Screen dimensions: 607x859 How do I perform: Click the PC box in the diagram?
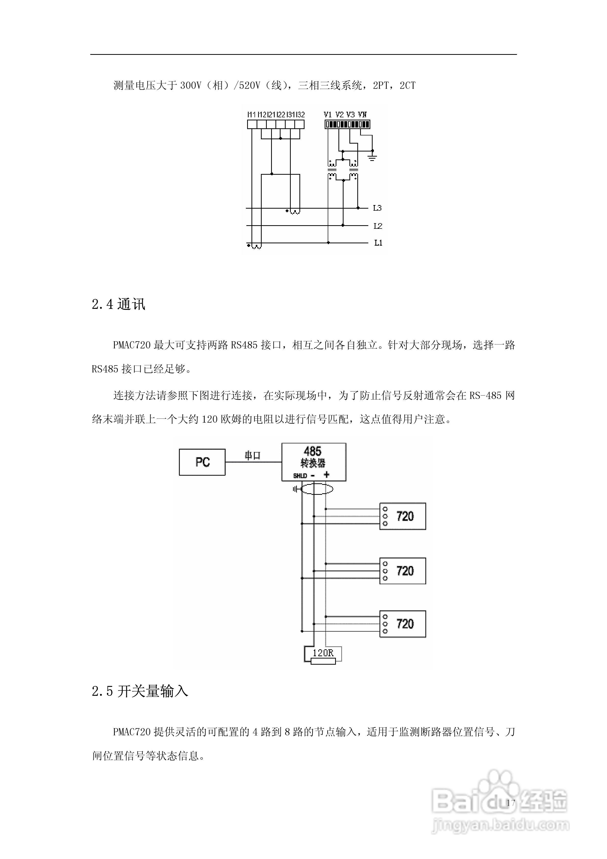pos(202,462)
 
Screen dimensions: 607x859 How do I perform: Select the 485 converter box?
pos(314,462)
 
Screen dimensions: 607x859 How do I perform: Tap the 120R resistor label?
pos(323,653)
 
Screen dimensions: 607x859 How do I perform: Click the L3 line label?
pos(377,208)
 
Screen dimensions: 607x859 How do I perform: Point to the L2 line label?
pos(378,226)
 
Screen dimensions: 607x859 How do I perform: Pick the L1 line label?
pos(378,243)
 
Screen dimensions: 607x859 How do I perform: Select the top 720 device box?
pos(403,516)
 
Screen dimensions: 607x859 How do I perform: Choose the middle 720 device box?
pos(403,571)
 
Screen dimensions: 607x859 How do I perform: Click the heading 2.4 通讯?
pos(118,305)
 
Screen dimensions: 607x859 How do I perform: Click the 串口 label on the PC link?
pos(252,456)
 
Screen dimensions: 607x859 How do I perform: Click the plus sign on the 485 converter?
pos(327,475)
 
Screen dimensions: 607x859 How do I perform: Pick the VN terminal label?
pos(362,115)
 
